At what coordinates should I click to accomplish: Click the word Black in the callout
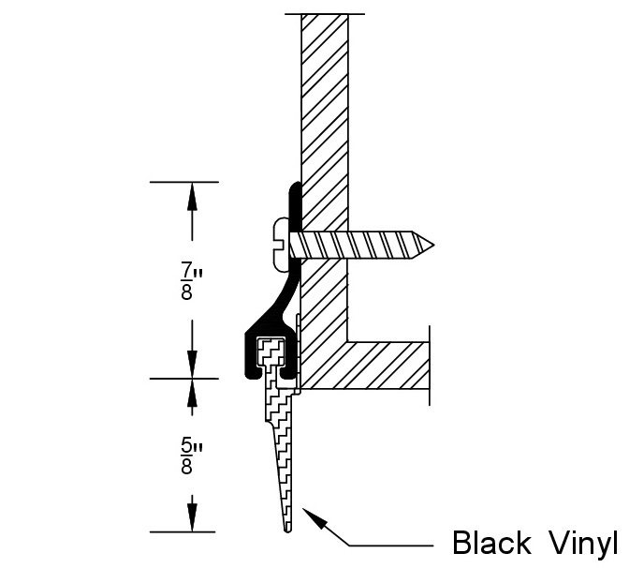click(491, 543)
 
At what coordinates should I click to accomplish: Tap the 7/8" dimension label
click(191, 280)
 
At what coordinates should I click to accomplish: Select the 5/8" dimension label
click(191, 456)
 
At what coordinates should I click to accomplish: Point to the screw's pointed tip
click(432, 245)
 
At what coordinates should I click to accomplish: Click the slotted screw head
click(281, 245)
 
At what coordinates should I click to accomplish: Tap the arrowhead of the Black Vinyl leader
click(314, 517)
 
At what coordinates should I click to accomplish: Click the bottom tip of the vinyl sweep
click(287, 531)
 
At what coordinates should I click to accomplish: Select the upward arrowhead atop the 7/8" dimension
click(192, 196)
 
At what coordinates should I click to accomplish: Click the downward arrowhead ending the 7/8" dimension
click(192, 365)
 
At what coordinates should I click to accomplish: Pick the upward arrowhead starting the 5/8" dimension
click(192, 393)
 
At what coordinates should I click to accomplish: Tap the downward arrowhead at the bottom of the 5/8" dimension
click(192, 518)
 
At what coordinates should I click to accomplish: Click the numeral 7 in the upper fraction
click(186, 268)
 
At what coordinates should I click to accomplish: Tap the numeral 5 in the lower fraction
click(186, 444)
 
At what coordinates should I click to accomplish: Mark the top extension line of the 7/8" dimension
click(184, 182)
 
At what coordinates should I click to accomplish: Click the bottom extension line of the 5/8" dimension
click(183, 531)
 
